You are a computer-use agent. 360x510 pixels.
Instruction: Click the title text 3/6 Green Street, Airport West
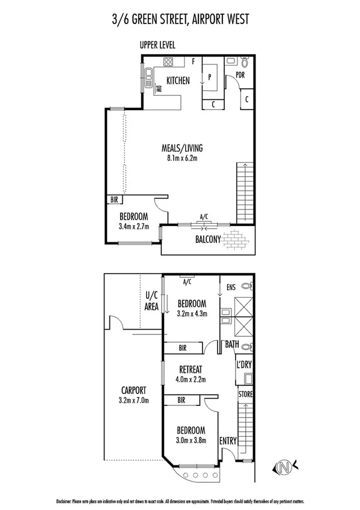pos(180,19)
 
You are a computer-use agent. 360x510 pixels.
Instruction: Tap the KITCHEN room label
pos(178,80)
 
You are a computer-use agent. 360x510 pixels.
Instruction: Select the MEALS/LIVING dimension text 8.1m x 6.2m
pos(181,159)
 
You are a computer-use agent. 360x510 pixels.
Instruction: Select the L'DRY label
pos(244,365)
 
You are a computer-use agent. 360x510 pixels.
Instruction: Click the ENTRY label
pos(228,440)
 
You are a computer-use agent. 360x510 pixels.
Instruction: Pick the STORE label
pos(245,394)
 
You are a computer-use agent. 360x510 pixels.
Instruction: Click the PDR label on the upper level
pos(240,76)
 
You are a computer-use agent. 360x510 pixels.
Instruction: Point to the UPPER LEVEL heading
pos(158,45)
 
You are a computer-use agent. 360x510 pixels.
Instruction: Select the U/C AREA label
pos(151,301)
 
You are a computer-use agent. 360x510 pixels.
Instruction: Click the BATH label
pos(232,345)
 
